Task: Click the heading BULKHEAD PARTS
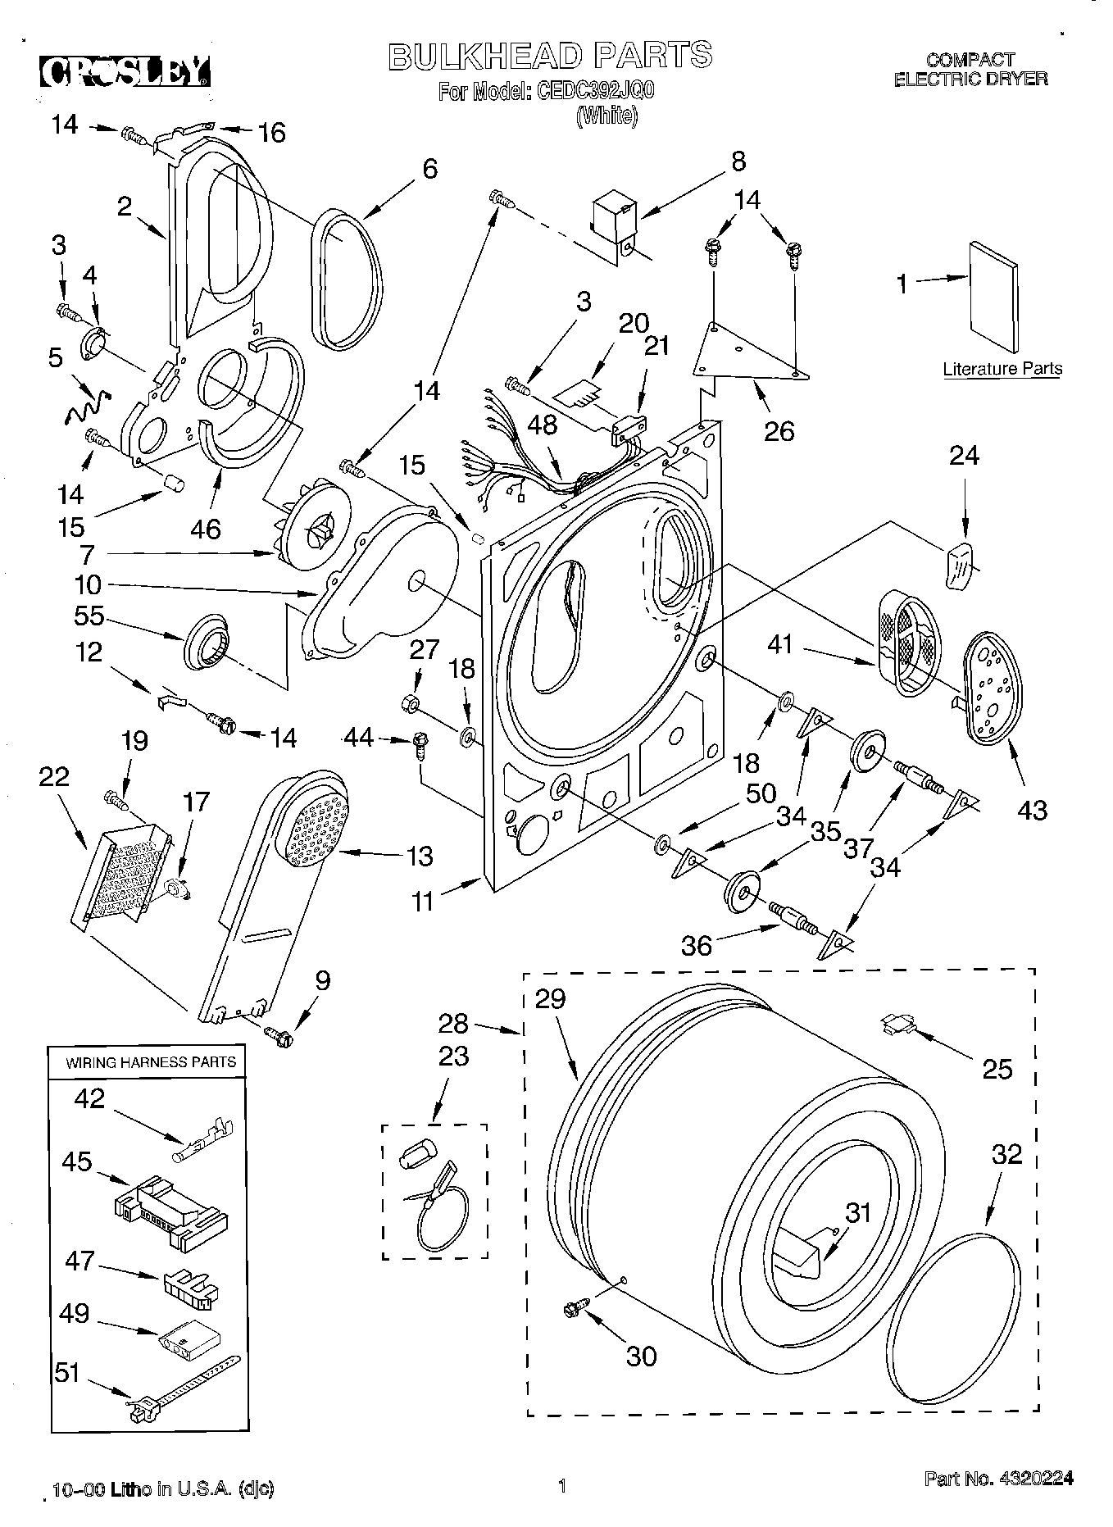click(549, 55)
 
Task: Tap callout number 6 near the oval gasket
click(429, 168)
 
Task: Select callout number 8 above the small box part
click(738, 161)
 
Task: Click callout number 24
click(963, 455)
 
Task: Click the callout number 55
click(88, 616)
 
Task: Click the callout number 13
click(420, 856)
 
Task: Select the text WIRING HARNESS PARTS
click(151, 1061)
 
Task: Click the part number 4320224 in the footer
click(1035, 1478)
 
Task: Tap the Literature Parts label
click(1002, 369)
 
